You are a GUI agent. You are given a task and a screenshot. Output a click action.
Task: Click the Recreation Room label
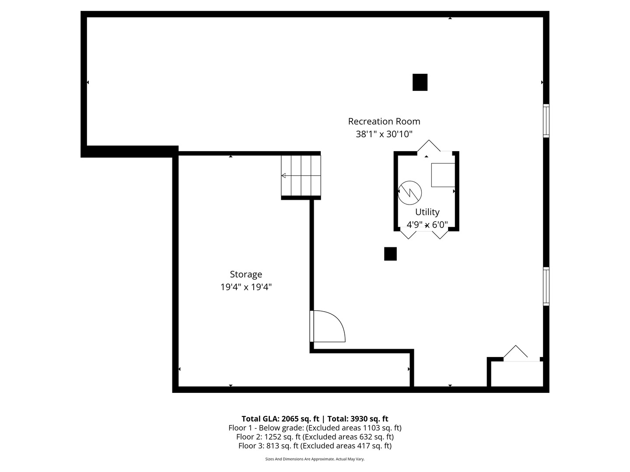pyautogui.click(x=384, y=121)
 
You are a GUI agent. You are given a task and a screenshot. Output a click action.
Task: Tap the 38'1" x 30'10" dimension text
pyautogui.click(x=384, y=134)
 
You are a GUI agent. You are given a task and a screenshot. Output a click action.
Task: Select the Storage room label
pyautogui.click(x=246, y=274)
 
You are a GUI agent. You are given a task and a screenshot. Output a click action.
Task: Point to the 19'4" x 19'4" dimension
pyautogui.click(x=246, y=287)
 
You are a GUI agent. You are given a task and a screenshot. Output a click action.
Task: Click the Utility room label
pyautogui.click(x=427, y=212)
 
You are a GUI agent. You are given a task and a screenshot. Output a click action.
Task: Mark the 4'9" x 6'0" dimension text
pyautogui.click(x=427, y=225)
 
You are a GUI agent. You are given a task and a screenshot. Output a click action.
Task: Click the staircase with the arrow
pyautogui.click(x=301, y=176)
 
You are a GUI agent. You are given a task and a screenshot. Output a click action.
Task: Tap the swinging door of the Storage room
pyautogui.click(x=328, y=326)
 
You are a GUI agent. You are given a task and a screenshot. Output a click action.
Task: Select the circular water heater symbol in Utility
pyautogui.click(x=410, y=192)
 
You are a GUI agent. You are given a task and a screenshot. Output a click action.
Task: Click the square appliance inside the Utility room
pyautogui.click(x=443, y=175)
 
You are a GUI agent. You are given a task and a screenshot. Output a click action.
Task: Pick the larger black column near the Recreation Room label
pyautogui.click(x=420, y=82)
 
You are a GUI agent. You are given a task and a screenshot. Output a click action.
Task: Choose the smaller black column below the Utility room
pyautogui.click(x=390, y=254)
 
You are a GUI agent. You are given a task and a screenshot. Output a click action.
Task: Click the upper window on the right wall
pyautogui.click(x=546, y=121)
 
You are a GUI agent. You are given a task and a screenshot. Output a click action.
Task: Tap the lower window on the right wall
pyautogui.click(x=546, y=286)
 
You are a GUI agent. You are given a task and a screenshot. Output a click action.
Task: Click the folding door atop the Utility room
pyautogui.click(x=429, y=146)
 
